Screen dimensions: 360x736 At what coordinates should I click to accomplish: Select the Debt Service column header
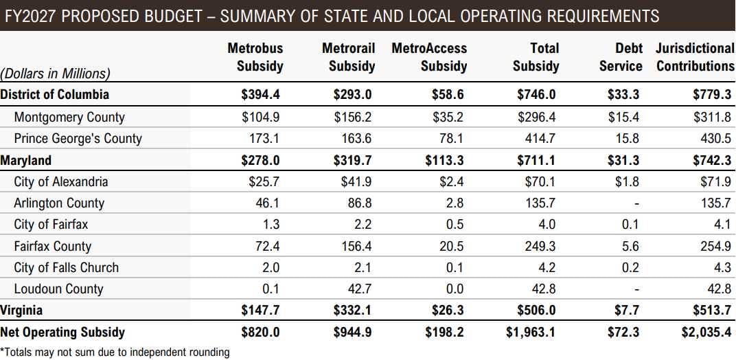(x=621, y=57)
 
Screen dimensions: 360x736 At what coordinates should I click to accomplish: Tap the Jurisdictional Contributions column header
(x=694, y=57)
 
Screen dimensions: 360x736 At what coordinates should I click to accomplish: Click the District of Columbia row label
(x=55, y=95)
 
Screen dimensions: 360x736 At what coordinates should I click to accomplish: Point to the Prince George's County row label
(x=78, y=138)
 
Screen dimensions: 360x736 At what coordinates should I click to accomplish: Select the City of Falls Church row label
(x=66, y=267)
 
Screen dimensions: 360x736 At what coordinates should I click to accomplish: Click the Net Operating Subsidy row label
(x=62, y=332)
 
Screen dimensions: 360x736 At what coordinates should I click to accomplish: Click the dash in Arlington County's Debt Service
(x=636, y=203)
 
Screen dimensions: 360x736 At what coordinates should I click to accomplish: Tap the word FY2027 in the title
(x=28, y=16)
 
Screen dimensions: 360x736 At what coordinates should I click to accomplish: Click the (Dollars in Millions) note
(x=56, y=74)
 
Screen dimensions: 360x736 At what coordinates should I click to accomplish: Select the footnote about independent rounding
(x=115, y=352)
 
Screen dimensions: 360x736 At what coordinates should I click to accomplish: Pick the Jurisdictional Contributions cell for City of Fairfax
(x=721, y=224)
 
